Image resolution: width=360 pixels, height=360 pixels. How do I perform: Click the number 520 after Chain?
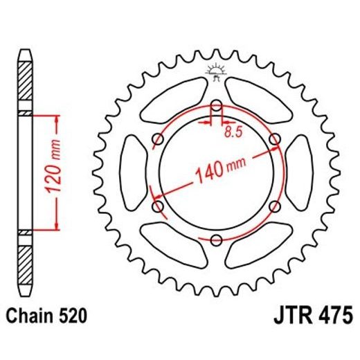(x=71, y=316)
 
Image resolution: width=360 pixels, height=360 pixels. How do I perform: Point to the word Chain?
(x=32, y=316)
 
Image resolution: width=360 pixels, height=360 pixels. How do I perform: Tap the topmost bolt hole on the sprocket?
(x=215, y=107)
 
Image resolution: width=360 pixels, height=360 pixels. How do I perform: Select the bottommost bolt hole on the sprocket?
(x=215, y=240)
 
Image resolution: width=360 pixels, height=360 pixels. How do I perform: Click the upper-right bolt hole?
(x=274, y=140)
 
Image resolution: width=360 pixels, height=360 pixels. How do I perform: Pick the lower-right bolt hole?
(x=274, y=207)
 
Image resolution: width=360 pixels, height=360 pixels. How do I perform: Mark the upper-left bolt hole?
(x=157, y=140)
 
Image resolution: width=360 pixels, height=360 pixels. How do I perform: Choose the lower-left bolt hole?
(x=157, y=207)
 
